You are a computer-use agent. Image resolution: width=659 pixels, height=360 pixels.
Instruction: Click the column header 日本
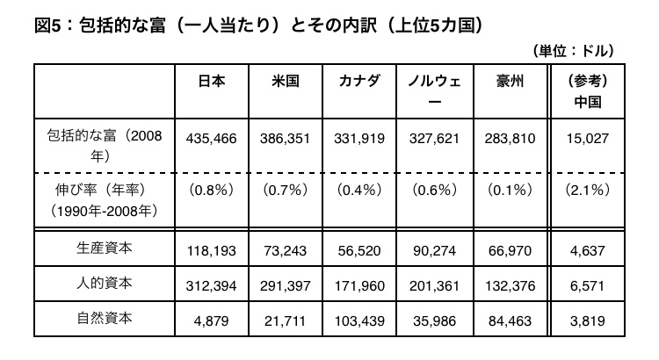(212, 81)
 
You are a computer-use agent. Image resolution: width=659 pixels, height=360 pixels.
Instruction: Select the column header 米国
(286, 81)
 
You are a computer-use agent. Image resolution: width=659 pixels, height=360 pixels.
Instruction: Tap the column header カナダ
(359, 81)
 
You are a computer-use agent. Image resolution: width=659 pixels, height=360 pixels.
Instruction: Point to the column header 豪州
(511, 81)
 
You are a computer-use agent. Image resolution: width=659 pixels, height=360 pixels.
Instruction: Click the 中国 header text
(588, 102)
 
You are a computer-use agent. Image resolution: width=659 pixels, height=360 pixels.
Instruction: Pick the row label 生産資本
(105, 248)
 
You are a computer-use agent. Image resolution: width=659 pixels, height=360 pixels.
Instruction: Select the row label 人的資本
(105, 283)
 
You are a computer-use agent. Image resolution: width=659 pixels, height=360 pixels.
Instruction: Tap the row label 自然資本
(105, 318)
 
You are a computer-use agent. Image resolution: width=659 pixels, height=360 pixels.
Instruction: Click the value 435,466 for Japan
(212, 139)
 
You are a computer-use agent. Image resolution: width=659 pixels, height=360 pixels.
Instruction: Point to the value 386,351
(286, 139)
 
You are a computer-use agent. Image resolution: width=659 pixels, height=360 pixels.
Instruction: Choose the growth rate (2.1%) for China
(588, 191)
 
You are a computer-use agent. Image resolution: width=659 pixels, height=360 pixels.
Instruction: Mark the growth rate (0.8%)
(212, 191)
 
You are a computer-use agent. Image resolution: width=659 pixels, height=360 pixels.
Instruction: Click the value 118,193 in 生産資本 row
(212, 251)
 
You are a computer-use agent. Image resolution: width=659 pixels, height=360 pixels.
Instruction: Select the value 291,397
(286, 286)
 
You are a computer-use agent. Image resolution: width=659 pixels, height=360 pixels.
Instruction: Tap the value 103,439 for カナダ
(359, 321)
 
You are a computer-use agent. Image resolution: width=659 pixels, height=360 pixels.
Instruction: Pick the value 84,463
(511, 321)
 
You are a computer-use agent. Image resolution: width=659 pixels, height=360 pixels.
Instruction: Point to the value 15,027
(588, 139)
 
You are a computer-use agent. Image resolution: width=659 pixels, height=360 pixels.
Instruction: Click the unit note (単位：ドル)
(574, 51)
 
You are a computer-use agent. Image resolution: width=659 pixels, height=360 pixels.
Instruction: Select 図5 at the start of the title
(48, 25)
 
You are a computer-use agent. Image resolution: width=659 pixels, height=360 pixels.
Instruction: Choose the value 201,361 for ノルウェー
(435, 286)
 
